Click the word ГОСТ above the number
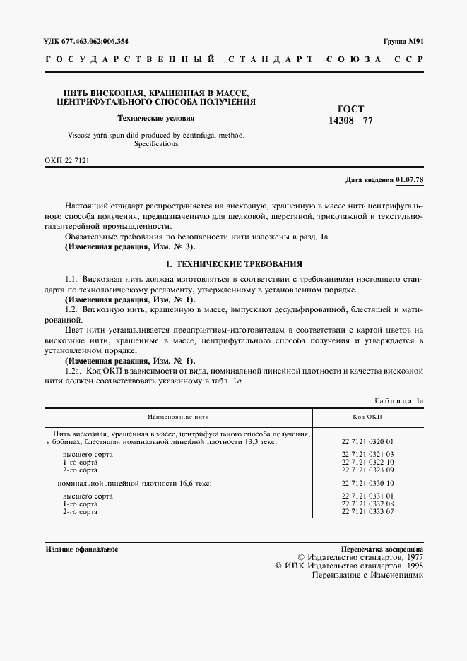(x=351, y=109)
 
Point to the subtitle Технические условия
(x=155, y=119)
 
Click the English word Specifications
(x=156, y=143)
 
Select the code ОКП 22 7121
(x=66, y=161)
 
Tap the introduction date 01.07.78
(x=410, y=180)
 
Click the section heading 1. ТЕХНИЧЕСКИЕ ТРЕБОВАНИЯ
(x=233, y=264)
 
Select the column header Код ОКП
(x=367, y=417)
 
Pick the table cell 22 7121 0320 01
(x=367, y=441)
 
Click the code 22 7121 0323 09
(x=367, y=469)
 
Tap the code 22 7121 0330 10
(x=367, y=483)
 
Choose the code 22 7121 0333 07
(x=367, y=511)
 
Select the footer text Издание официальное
(x=81, y=549)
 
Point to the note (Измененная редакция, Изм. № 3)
(x=129, y=248)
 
